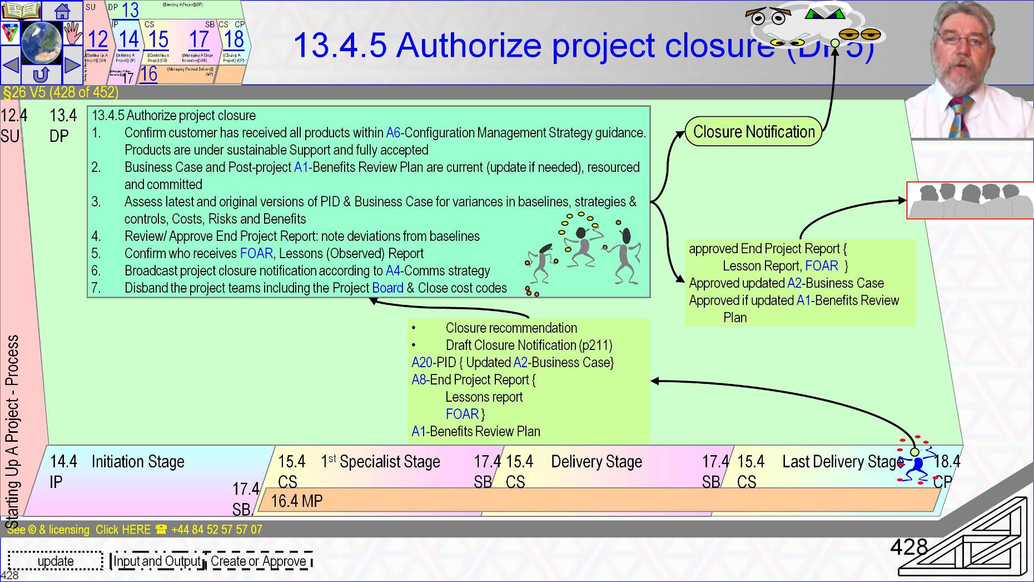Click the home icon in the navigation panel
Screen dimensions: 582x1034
click(x=62, y=10)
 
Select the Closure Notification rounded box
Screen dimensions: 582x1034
click(x=753, y=132)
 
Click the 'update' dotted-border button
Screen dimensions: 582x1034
click(x=56, y=561)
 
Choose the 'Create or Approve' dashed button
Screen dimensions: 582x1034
click(x=258, y=561)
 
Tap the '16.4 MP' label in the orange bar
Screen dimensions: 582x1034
click(x=296, y=501)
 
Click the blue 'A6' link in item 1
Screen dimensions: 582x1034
click(x=392, y=133)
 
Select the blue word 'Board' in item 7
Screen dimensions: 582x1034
click(x=387, y=288)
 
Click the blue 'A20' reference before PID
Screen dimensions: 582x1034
click(x=422, y=363)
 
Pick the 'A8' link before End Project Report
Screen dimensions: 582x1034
click(x=419, y=380)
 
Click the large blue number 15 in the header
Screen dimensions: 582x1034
click(x=158, y=40)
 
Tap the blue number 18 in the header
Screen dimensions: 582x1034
click(x=234, y=39)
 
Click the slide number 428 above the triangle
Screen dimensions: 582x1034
click(x=909, y=548)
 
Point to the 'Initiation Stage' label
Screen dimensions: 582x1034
click(x=138, y=462)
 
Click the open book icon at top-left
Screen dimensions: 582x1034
click(x=21, y=10)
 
